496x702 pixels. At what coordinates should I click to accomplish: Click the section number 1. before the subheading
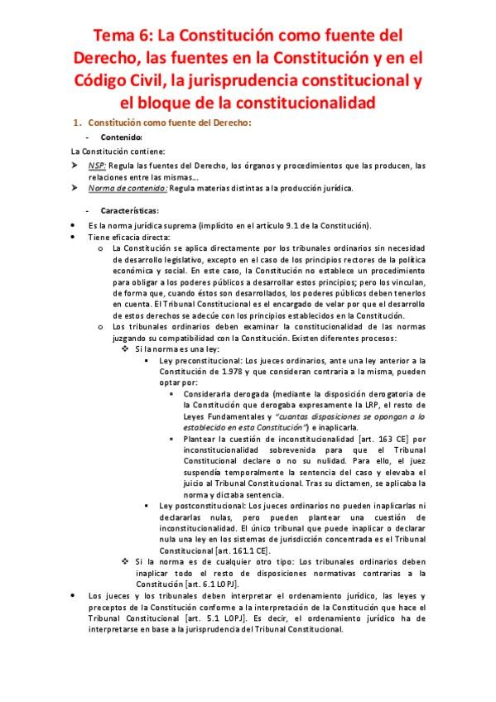tap(79, 123)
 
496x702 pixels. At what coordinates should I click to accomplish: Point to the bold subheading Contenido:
tap(122, 137)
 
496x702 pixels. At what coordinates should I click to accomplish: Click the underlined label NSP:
tap(99, 166)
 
